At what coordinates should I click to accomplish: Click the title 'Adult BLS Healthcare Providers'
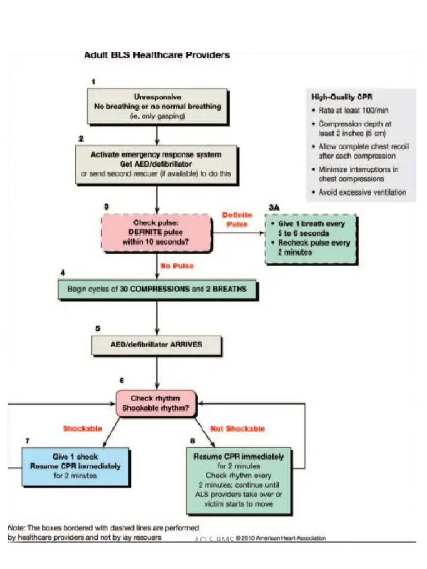[156, 55]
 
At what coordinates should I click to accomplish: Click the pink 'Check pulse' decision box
[156, 233]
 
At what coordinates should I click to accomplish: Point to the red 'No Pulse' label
[177, 266]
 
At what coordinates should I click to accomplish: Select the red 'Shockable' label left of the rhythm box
[82, 428]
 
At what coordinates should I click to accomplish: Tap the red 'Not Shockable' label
[237, 428]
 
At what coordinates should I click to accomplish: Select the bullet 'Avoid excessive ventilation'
[362, 192]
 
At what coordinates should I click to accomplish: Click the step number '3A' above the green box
[273, 207]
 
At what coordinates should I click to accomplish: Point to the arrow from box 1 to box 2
[157, 134]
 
